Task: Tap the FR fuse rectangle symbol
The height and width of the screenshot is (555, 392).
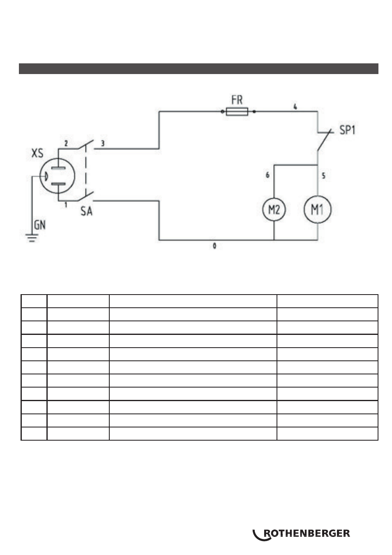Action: (237, 111)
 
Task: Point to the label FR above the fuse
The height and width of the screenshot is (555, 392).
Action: (237, 100)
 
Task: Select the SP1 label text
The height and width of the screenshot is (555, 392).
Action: (347, 130)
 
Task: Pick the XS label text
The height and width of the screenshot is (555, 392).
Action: (37, 153)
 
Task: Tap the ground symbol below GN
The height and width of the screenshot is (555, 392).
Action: (32, 238)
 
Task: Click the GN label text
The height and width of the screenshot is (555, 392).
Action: (40, 225)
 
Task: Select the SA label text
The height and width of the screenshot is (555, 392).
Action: (86, 211)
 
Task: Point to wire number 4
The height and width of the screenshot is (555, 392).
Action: (295, 107)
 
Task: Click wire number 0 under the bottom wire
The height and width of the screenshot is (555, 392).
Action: (214, 246)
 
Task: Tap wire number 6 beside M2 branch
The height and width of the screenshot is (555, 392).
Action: (267, 175)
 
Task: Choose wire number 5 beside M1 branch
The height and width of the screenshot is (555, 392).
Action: (323, 176)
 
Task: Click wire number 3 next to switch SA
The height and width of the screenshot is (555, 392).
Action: (103, 143)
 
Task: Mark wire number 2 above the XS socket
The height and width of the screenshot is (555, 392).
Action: (66, 143)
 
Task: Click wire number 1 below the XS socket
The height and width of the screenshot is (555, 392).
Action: (66, 205)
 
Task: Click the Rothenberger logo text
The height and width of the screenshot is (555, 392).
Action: (307, 534)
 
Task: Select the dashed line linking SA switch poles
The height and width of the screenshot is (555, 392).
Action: (86, 170)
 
